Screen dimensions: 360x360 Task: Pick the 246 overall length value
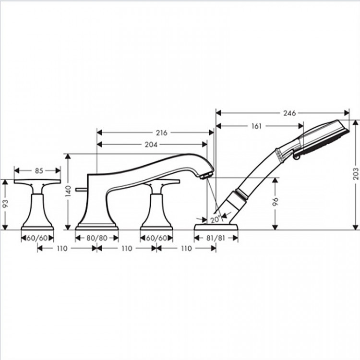click(288, 113)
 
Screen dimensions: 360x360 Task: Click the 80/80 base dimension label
click(96, 237)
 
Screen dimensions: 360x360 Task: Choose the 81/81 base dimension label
click(215, 237)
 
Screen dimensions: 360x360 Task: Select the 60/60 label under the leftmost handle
click(37, 237)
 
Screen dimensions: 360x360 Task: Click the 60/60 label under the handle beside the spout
click(156, 237)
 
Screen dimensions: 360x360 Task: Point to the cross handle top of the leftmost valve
click(37, 182)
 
